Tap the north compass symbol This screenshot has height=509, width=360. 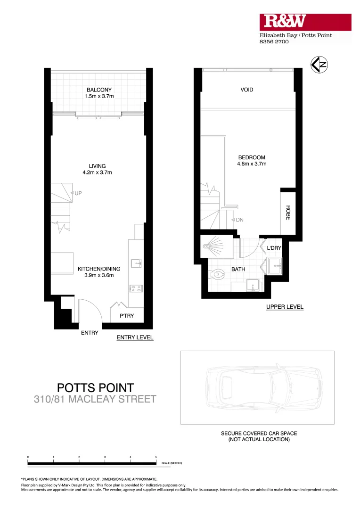tap(319, 65)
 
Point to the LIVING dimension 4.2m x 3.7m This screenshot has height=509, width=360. tap(97, 172)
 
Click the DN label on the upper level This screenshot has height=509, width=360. tap(239, 220)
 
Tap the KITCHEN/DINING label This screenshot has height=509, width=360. tap(99, 269)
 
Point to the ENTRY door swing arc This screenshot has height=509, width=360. tap(90, 308)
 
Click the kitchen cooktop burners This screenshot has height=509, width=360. tap(136, 288)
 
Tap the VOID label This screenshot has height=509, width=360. tap(247, 90)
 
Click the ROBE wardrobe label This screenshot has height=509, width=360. tap(287, 213)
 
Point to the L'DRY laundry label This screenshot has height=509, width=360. tap(274, 248)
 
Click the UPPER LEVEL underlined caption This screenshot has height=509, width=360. tap(285, 307)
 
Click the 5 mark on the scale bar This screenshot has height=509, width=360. tap(156, 458)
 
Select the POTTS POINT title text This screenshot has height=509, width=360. tap(95, 388)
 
